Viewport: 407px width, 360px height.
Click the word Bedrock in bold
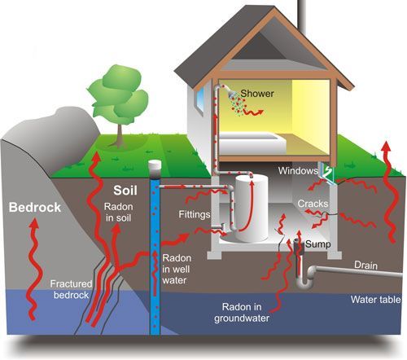tap(35, 208)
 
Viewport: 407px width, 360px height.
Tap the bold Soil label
tap(125, 191)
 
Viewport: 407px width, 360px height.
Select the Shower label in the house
tap(257, 94)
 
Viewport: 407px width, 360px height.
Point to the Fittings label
tap(195, 215)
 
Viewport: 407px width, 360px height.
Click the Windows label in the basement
tap(298, 171)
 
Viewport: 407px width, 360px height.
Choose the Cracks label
tap(313, 204)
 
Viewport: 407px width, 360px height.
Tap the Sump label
tap(318, 244)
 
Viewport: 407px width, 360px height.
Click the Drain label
tap(365, 266)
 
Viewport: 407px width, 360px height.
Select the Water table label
tap(376, 300)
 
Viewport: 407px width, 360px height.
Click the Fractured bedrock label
tap(71, 289)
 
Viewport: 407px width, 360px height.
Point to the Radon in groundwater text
tap(242, 313)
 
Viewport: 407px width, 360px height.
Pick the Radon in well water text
tap(177, 269)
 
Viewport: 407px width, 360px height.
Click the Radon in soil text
tap(119, 213)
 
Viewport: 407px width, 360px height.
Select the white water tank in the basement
tap(252, 208)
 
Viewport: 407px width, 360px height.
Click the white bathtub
tap(252, 143)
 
